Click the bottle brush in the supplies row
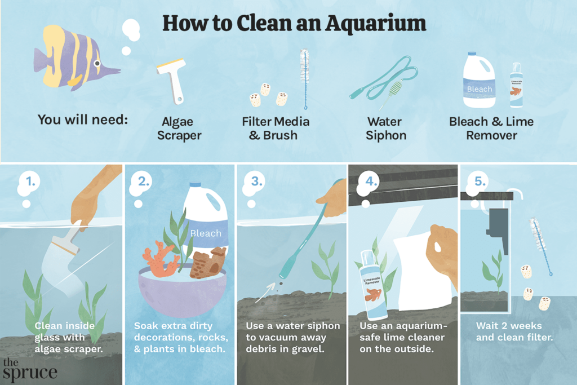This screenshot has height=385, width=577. (x=304, y=79)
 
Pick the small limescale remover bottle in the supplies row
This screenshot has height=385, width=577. (x=516, y=85)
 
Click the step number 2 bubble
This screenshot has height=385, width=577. (x=142, y=182)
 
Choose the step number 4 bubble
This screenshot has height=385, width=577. (x=370, y=182)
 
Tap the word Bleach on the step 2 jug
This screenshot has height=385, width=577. (x=206, y=233)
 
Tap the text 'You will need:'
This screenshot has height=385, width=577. (x=82, y=120)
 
